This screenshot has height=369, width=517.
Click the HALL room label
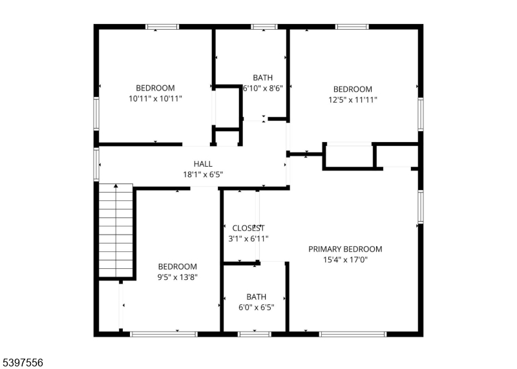click(203, 164)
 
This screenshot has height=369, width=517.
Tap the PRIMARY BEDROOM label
click(345, 249)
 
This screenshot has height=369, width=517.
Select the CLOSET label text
click(248, 228)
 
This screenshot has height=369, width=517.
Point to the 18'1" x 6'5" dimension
click(203, 174)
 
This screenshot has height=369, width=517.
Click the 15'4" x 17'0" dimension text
click(345, 260)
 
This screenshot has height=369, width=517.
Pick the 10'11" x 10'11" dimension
click(155, 99)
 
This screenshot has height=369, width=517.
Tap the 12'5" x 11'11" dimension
click(352, 100)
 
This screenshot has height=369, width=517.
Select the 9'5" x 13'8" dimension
click(177, 277)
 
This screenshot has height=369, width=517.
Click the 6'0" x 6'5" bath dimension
click(256, 308)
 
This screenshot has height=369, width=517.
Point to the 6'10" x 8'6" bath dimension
click(263, 89)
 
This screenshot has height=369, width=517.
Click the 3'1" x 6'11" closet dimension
click(248, 238)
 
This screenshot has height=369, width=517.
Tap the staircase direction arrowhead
click(116, 186)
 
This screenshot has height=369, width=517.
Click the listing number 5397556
click(21, 363)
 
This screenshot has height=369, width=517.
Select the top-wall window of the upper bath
click(264, 26)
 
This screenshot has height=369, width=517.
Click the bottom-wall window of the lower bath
click(254, 334)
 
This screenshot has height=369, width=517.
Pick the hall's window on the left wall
click(96, 164)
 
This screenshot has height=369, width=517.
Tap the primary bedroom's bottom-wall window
click(352, 334)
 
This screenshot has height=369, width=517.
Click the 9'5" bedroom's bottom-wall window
click(164, 334)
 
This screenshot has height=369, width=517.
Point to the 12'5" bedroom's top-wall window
click(352, 26)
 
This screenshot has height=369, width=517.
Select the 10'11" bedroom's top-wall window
click(162, 26)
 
